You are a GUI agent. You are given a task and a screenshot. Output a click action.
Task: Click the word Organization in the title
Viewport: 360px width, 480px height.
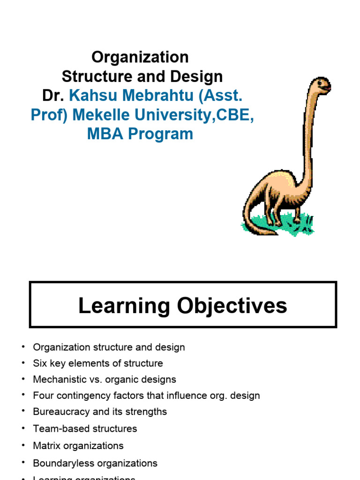(140, 57)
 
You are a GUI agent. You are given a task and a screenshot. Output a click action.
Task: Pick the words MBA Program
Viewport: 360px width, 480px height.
(140, 134)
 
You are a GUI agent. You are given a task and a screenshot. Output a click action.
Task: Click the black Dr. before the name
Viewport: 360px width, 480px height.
(53, 96)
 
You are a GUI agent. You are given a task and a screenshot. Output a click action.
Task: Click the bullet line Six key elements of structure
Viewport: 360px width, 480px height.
(98, 363)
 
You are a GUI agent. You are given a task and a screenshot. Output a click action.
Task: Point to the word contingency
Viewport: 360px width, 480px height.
(82, 395)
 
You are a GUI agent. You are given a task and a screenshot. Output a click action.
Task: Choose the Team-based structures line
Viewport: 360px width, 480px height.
(85, 428)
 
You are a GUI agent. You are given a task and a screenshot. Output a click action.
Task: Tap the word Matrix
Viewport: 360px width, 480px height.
(46, 445)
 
